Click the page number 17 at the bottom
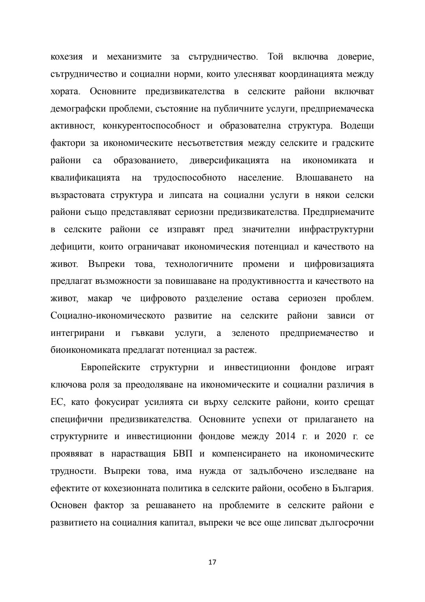pos(212,562)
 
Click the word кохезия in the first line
pos(67,57)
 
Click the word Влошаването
pos(324,178)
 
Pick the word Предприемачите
pos(339,212)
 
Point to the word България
pos(352,488)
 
